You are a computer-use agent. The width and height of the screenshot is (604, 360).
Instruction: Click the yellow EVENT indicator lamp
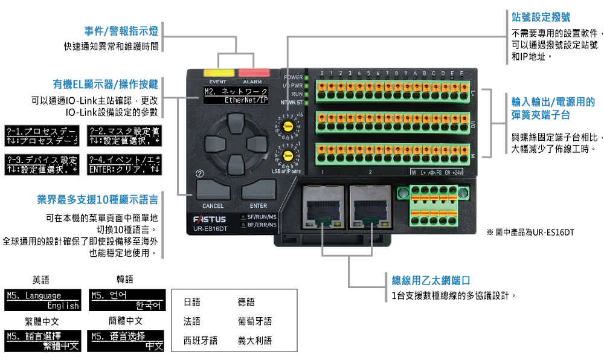pos(217,72)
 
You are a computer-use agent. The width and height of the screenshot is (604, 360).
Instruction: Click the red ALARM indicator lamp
pos(252,72)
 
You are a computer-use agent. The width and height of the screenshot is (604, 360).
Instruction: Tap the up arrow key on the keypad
pos(235,127)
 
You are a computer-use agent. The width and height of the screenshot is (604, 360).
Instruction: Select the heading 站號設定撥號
pos(541,17)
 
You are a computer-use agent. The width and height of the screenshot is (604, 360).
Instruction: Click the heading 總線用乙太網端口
pos(431,281)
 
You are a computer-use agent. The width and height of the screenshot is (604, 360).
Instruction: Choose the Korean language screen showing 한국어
pos(127,300)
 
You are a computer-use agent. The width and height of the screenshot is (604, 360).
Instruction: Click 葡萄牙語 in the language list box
pos(255,321)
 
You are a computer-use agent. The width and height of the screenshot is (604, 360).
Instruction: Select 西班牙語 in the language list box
pos(201,341)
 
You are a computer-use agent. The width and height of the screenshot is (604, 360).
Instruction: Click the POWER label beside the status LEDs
pos(293,77)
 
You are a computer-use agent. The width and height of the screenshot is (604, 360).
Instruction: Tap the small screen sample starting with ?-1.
pos(42,136)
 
